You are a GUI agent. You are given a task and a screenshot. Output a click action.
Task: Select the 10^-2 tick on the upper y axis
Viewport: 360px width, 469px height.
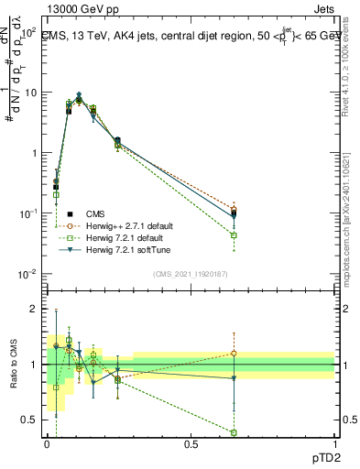tap(27, 274)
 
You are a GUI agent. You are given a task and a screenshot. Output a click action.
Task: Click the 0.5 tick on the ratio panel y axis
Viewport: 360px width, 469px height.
tap(32, 420)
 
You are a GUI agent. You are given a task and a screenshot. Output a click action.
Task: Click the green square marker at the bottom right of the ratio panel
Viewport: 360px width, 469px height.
tap(234, 432)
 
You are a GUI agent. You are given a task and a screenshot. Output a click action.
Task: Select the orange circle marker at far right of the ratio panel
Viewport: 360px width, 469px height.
tap(234, 353)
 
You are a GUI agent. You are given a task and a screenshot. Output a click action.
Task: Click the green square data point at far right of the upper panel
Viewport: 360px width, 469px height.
tap(234, 235)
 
